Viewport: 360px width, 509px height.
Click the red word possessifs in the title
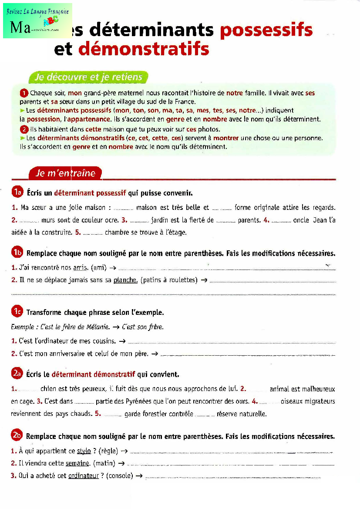[x=266, y=30]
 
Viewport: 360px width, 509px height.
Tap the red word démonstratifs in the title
[x=144, y=49]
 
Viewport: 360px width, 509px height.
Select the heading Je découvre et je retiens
[x=89, y=78]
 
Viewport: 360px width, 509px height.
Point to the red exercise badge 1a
[x=17, y=192]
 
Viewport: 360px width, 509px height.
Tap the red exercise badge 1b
[x=17, y=253]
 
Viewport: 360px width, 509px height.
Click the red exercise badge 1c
[x=17, y=312]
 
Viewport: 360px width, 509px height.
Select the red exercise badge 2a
[x=17, y=374]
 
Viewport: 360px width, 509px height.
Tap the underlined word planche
[x=125, y=280]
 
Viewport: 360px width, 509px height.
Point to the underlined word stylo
[x=84, y=451]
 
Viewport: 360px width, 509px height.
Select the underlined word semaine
[x=77, y=463]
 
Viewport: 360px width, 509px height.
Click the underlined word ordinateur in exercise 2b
[x=84, y=475]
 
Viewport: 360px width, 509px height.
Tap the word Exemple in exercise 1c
[x=22, y=327]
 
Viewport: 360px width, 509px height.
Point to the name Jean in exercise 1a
[x=320, y=220]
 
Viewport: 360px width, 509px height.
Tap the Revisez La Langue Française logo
[x=37, y=20]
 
